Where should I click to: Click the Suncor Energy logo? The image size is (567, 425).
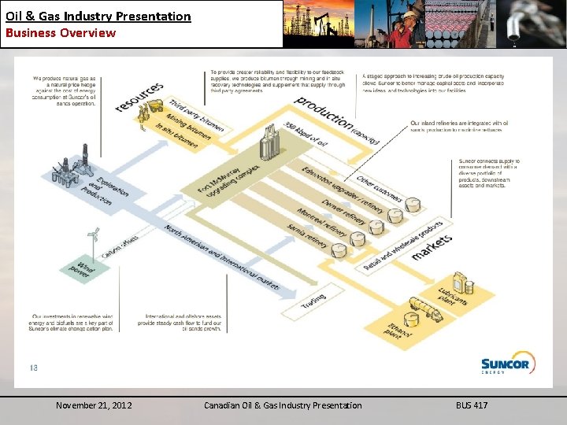(508, 363)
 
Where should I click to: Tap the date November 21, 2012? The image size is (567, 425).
(94, 405)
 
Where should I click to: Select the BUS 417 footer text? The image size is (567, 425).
(472, 405)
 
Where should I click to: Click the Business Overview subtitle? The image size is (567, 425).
(61, 33)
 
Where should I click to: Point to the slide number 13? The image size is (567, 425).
(34, 367)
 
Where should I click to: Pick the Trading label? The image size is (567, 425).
(313, 298)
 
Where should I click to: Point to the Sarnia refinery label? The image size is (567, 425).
(307, 235)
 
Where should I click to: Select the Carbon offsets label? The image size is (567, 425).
(120, 245)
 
